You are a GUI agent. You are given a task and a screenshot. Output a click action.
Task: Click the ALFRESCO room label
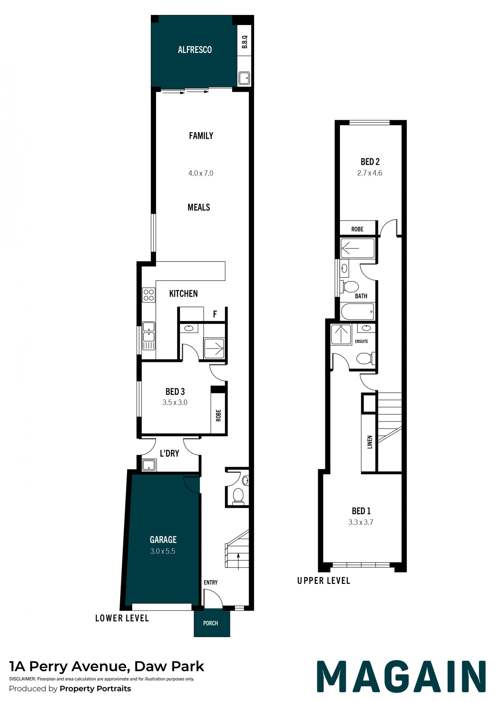point(195,50)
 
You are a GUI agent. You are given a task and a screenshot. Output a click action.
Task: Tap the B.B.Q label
point(245,42)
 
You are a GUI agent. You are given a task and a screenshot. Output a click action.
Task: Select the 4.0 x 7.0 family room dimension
point(201,173)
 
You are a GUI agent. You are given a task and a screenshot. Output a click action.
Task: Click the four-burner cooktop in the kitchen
point(149,295)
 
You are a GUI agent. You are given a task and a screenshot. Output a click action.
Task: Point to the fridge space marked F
point(215,314)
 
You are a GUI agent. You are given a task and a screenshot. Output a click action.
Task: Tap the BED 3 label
point(175,391)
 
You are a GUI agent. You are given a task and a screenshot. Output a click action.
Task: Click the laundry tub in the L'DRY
point(149,465)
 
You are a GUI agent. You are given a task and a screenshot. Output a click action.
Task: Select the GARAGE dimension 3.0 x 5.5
point(162,551)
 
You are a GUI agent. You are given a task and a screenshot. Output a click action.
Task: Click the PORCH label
point(211,623)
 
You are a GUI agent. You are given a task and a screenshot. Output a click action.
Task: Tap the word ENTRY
point(211,582)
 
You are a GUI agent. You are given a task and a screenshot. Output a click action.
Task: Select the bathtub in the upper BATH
point(358,312)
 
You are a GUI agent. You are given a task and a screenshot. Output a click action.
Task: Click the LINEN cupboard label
point(370,442)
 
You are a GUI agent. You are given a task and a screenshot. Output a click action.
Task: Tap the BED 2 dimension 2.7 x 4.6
point(370,173)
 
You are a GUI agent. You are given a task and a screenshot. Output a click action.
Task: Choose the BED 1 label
point(361,511)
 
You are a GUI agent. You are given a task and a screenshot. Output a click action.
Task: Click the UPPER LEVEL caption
point(324,581)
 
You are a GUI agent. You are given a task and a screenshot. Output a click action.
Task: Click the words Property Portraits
point(96,689)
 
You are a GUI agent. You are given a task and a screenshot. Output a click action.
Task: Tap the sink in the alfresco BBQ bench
point(244,78)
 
